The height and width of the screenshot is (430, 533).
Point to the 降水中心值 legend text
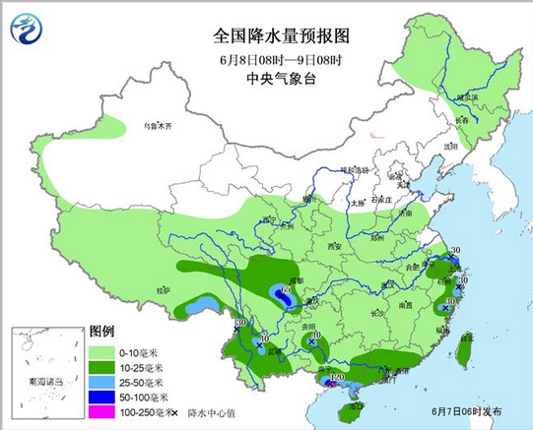click(x=212, y=413)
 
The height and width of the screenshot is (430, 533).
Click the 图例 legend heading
click(x=102, y=332)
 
